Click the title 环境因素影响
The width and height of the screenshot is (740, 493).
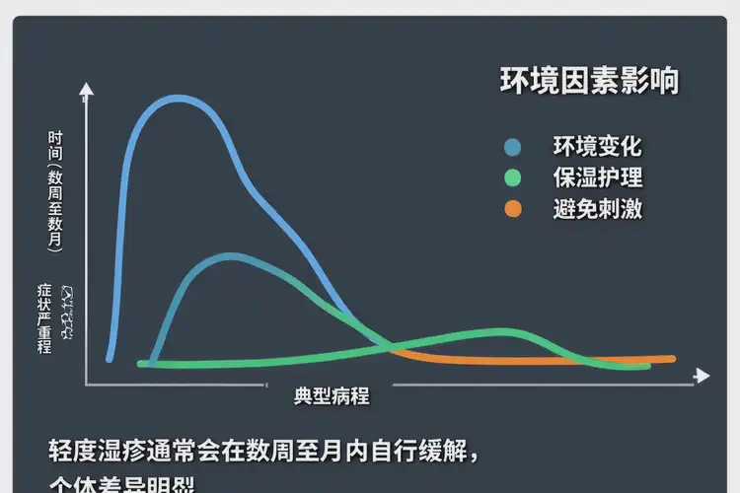[x=589, y=82]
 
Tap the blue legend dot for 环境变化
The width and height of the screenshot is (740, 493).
[x=512, y=148]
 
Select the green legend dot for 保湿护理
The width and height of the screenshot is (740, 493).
[x=512, y=178]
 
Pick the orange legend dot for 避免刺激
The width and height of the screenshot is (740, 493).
[x=512, y=209]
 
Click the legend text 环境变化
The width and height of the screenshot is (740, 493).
[x=597, y=148]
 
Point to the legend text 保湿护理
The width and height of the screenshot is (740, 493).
[x=597, y=178]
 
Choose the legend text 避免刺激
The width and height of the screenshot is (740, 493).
[x=597, y=209]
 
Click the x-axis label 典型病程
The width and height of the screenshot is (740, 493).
[x=332, y=396]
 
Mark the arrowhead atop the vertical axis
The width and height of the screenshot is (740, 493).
[x=87, y=90]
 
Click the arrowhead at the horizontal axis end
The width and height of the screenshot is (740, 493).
[x=702, y=376]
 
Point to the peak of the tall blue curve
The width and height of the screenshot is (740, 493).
[x=178, y=98]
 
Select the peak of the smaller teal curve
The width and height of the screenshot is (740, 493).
[x=231, y=256]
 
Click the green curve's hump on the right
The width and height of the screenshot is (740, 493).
[x=503, y=332]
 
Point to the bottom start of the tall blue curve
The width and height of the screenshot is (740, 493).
[x=110, y=358]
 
